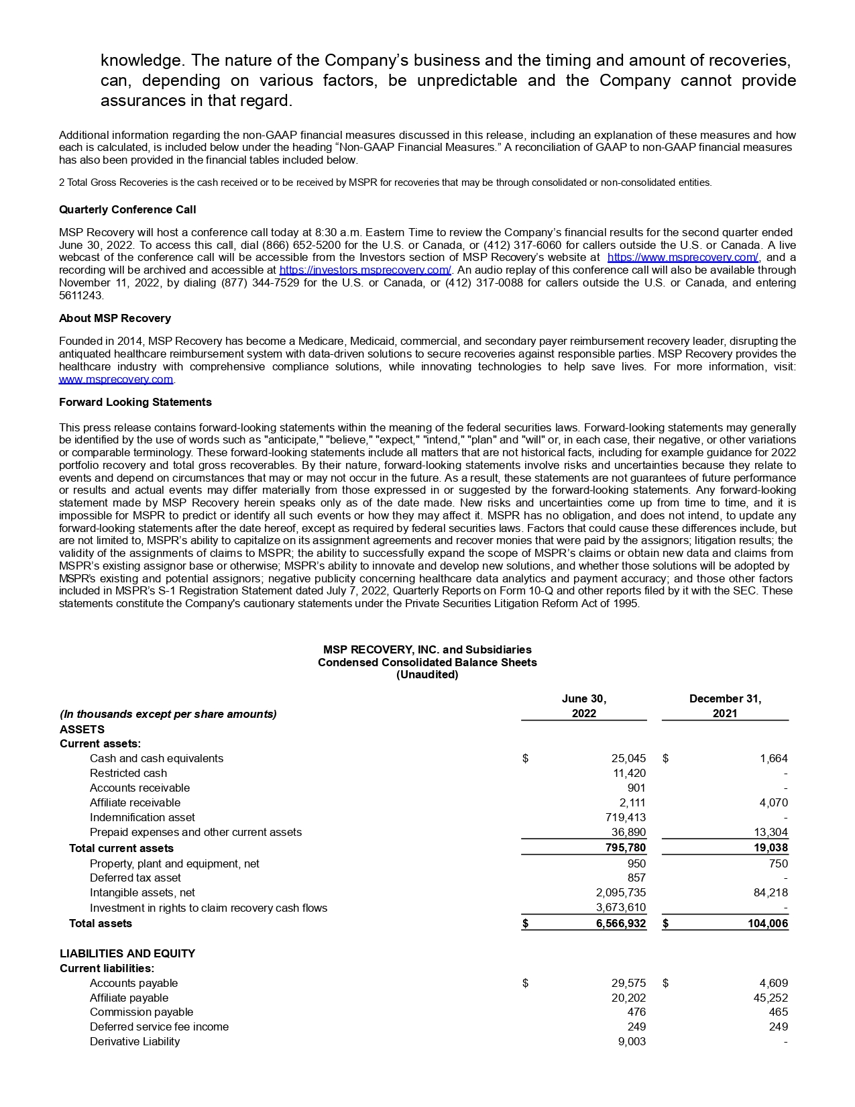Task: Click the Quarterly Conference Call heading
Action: coord(127,210)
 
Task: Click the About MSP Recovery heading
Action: coord(115,318)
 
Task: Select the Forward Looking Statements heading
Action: coord(135,402)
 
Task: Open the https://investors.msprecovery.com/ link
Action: coord(365,270)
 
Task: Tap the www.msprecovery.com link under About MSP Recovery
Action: coord(116,380)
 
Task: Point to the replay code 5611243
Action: coord(80,295)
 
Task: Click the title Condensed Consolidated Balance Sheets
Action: coord(427,662)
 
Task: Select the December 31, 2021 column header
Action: coord(725,706)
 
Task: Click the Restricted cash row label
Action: coord(128,773)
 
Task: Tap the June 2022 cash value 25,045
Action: coord(628,758)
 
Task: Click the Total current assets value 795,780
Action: coord(625,848)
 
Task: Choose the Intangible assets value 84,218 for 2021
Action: coord(768,892)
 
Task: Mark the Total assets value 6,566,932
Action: coord(620,923)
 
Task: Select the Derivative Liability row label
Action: coord(135,1041)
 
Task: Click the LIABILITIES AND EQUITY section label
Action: coord(127,953)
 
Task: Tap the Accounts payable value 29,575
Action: coord(628,983)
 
